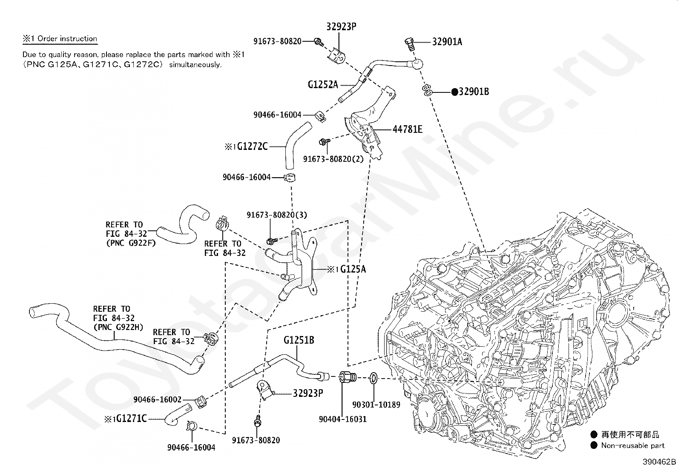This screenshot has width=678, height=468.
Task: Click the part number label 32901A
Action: (447, 42)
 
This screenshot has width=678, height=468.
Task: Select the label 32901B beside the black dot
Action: (474, 92)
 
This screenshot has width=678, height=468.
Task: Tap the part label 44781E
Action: (407, 129)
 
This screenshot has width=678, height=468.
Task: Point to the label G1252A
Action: (323, 85)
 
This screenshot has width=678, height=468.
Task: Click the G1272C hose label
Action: (253, 146)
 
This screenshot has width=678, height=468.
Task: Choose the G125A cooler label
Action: (353, 269)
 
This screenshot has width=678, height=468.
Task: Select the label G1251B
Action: (299, 340)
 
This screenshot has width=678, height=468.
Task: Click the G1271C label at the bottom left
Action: (131, 419)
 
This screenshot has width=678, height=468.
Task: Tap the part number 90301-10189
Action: (376, 405)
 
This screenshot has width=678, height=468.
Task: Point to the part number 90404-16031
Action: (342, 419)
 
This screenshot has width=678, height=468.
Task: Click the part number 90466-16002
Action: (157, 399)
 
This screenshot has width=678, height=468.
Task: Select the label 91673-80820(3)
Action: (276, 215)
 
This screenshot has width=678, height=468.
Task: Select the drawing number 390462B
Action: (660, 462)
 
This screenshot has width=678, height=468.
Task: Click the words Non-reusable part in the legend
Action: (632, 445)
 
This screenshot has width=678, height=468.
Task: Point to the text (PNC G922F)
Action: (131, 243)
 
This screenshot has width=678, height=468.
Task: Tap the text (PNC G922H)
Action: (118, 327)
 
